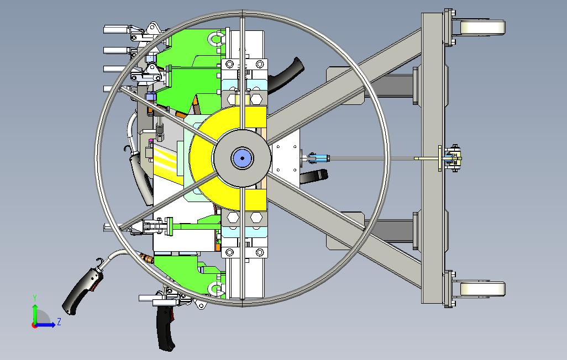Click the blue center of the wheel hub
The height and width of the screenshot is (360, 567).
[242, 157]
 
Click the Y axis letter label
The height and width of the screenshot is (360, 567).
[35, 298]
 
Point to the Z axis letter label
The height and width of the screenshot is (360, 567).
[59, 321]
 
